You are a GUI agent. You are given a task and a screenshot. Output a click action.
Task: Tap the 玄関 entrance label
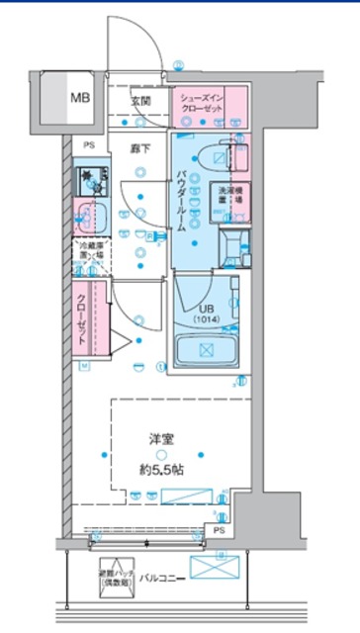point(140,100)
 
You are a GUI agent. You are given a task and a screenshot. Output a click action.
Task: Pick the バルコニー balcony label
point(158,576)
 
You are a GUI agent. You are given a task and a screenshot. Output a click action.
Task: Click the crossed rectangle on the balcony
point(215,567)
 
